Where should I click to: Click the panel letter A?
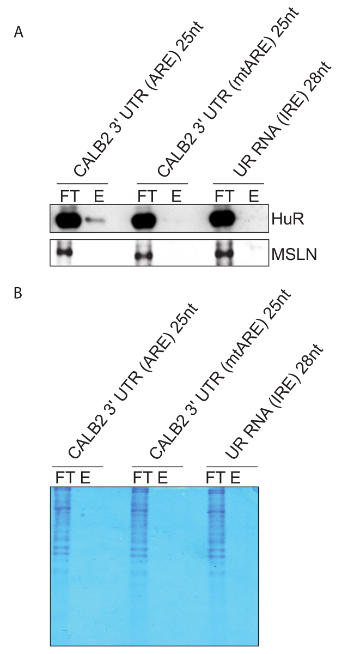19,33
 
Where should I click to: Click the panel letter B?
18,293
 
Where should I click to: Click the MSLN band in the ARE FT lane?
65,252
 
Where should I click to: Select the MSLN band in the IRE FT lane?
223,254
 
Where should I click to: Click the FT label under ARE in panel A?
69,196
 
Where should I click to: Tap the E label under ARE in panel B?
86,479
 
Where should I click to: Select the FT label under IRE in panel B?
216,479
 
